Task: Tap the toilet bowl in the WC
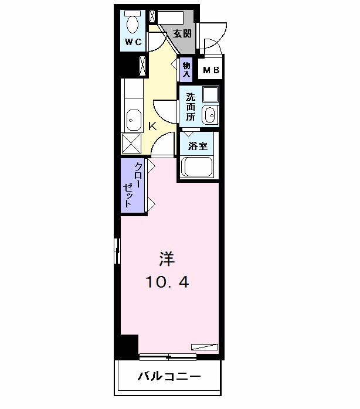(x=133, y=24)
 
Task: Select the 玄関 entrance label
(x=182, y=33)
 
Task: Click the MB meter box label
(x=211, y=71)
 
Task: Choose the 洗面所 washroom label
(x=191, y=106)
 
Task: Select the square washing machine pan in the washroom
(x=210, y=94)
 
